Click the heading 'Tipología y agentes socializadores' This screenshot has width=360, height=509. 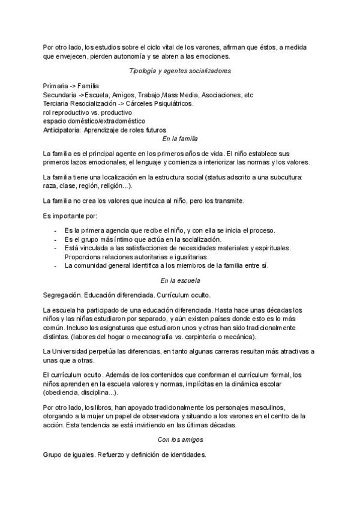(180, 71)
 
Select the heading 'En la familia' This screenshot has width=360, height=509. (180, 139)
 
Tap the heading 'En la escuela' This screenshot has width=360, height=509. (180, 280)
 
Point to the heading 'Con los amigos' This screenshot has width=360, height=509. (180, 440)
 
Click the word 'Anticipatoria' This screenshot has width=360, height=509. (62, 130)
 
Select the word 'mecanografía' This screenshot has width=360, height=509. (164, 337)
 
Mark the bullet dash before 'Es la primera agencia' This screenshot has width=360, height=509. (56, 230)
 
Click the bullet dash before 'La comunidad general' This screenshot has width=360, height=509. (56, 265)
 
